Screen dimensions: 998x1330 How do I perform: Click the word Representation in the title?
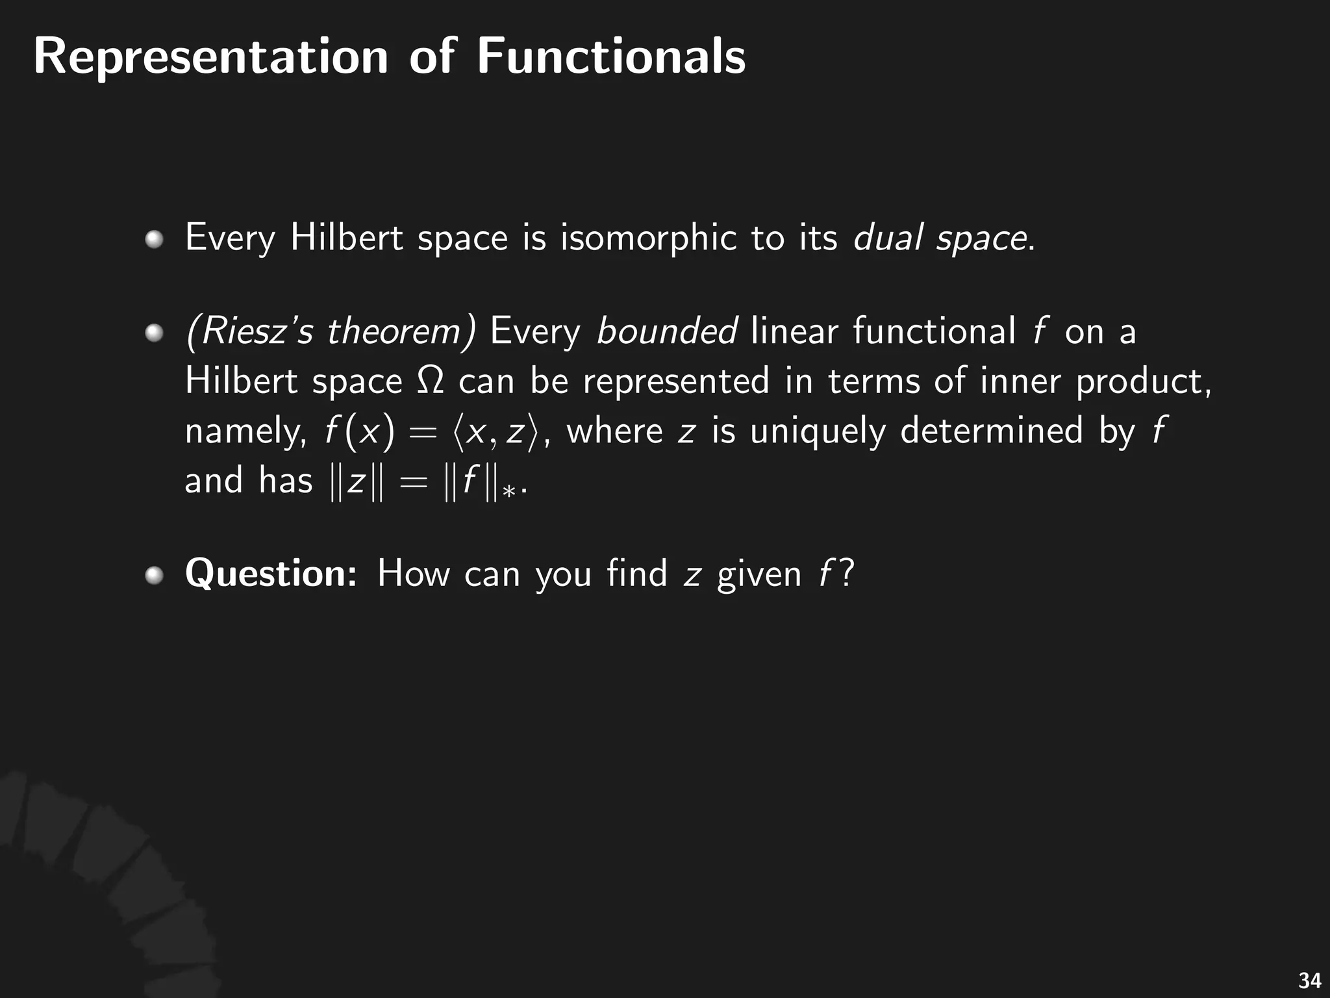[x=210, y=57]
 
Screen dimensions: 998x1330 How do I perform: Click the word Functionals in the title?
[x=611, y=57]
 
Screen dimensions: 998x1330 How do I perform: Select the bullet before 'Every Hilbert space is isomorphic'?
[x=154, y=240]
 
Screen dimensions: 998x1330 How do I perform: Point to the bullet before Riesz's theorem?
[x=154, y=333]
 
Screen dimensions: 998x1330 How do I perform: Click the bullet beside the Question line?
[x=154, y=575]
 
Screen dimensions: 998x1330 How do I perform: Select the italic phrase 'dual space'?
[x=940, y=238]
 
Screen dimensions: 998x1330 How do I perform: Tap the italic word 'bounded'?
[x=666, y=331]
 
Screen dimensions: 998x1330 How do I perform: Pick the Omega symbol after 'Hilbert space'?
[x=430, y=380]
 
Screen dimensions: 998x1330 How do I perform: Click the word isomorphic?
[x=648, y=238]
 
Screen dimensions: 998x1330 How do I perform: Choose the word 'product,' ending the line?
[x=1143, y=381]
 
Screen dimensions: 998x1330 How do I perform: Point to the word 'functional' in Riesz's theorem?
[x=934, y=331]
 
